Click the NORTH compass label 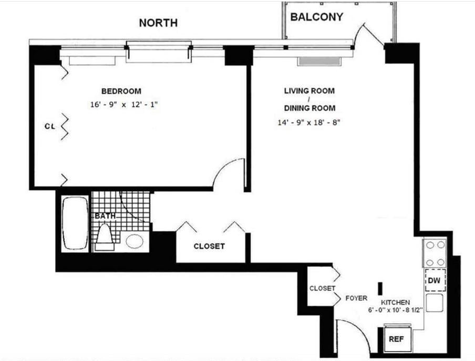tap(158, 23)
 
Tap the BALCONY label tap(317, 17)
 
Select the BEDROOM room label tap(121, 91)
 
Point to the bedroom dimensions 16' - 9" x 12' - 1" tap(124, 105)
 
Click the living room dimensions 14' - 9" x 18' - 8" tap(309, 123)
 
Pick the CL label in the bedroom tap(50, 126)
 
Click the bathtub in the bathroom tap(75, 223)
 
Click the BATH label tap(105, 216)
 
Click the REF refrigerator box tap(396, 339)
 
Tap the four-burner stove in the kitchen tap(435, 253)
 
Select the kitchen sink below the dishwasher tap(434, 303)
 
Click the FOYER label tap(356, 298)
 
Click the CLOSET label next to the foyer tap(322, 288)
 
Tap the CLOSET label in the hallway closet tap(209, 246)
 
